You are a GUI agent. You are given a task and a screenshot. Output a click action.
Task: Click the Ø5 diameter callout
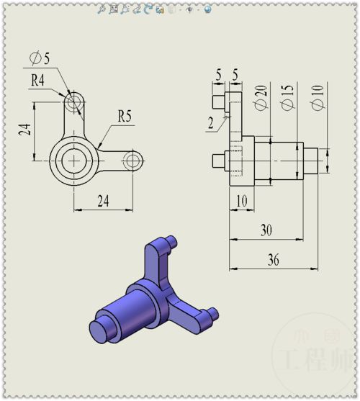point(40,58)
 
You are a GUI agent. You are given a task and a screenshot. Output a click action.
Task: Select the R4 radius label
point(37,80)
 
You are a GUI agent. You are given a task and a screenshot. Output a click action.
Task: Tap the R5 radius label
point(125,116)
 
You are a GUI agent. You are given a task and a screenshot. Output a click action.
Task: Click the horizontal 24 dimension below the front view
point(103,201)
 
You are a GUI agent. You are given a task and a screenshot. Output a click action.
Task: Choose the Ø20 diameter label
point(261,98)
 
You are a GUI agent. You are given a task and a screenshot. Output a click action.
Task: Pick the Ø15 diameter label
point(288,97)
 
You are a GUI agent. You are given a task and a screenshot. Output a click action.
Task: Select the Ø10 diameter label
point(318,98)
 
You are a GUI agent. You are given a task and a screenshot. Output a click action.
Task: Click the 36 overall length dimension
point(274,260)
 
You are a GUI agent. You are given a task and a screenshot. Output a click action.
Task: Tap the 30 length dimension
point(266,230)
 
